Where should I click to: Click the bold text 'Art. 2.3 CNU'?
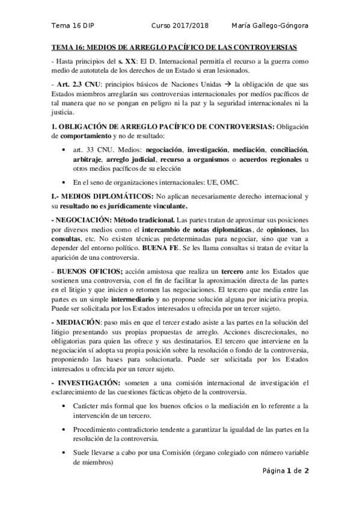(74, 84)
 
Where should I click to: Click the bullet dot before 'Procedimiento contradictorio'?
(65, 429)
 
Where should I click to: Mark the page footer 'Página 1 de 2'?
(285, 471)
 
